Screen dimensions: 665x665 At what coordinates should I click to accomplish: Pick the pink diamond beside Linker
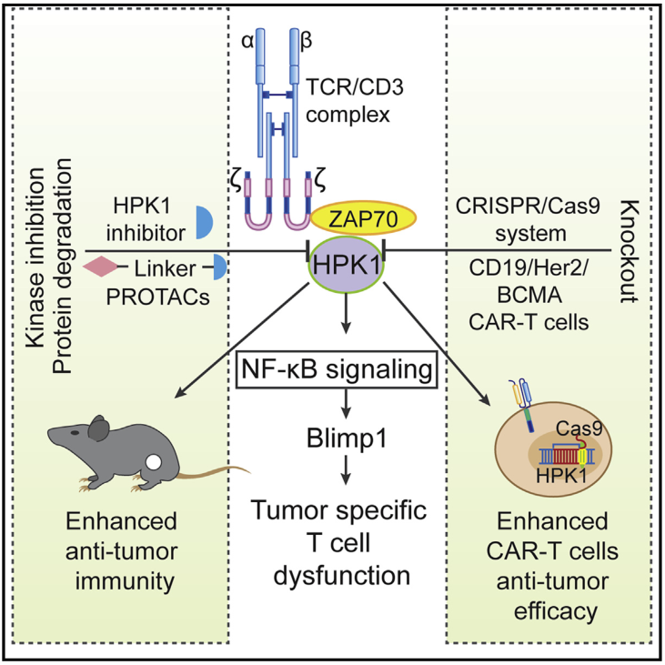pos(99,267)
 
